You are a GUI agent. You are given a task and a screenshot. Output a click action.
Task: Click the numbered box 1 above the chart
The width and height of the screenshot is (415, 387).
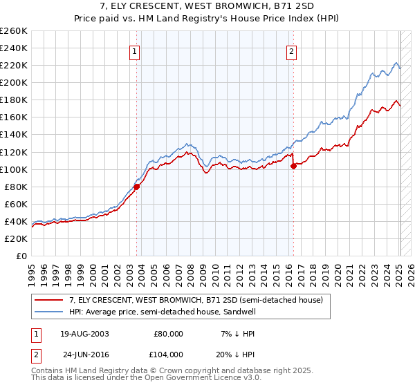[133, 50]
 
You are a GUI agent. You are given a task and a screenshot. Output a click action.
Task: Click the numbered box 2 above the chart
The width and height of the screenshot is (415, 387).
[292, 50]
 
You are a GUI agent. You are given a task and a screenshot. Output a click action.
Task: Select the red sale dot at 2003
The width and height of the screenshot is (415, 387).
[137, 186]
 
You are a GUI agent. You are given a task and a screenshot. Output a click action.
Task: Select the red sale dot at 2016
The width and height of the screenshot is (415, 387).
[293, 165]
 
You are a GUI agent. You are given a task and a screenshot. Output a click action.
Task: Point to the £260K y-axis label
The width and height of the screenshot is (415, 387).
[14, 30]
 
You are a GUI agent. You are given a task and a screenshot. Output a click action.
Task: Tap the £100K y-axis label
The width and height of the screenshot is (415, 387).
[14, 169]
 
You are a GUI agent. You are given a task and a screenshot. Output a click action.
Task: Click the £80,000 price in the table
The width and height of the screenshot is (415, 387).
[168, 333]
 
